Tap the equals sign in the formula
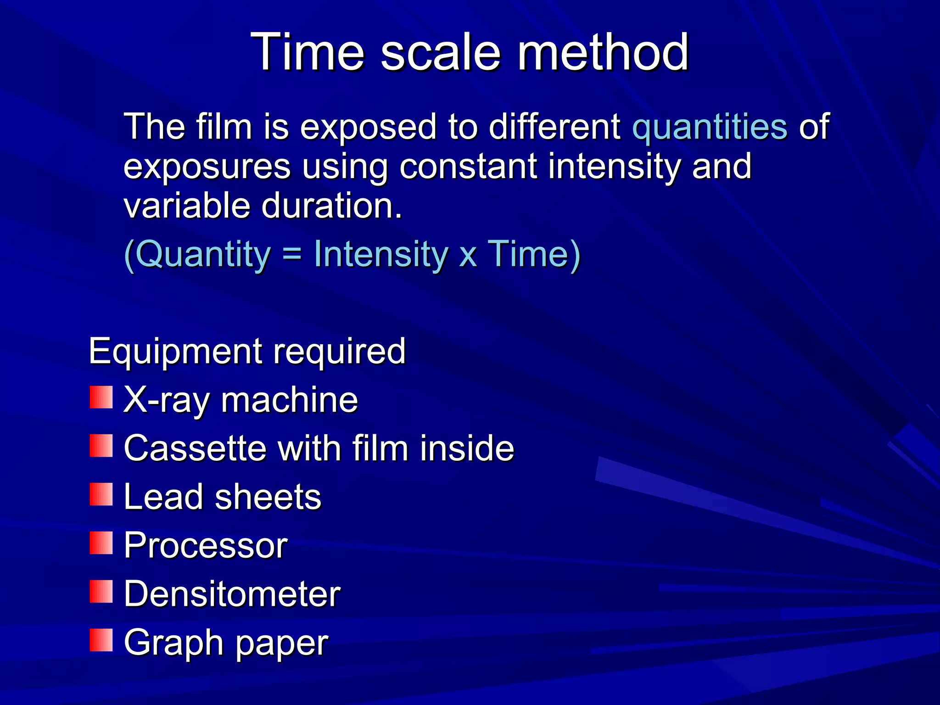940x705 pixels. coord(292,255)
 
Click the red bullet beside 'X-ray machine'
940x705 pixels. coord(101,397)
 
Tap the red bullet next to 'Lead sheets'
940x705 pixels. coord(101,494)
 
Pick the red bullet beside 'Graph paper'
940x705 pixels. coord(101,640)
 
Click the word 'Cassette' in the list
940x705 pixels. coord(195,448)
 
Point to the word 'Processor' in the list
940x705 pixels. coord(206,546)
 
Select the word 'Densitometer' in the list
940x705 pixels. coord(232,594)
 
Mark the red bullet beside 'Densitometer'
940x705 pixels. coord(101,592)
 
